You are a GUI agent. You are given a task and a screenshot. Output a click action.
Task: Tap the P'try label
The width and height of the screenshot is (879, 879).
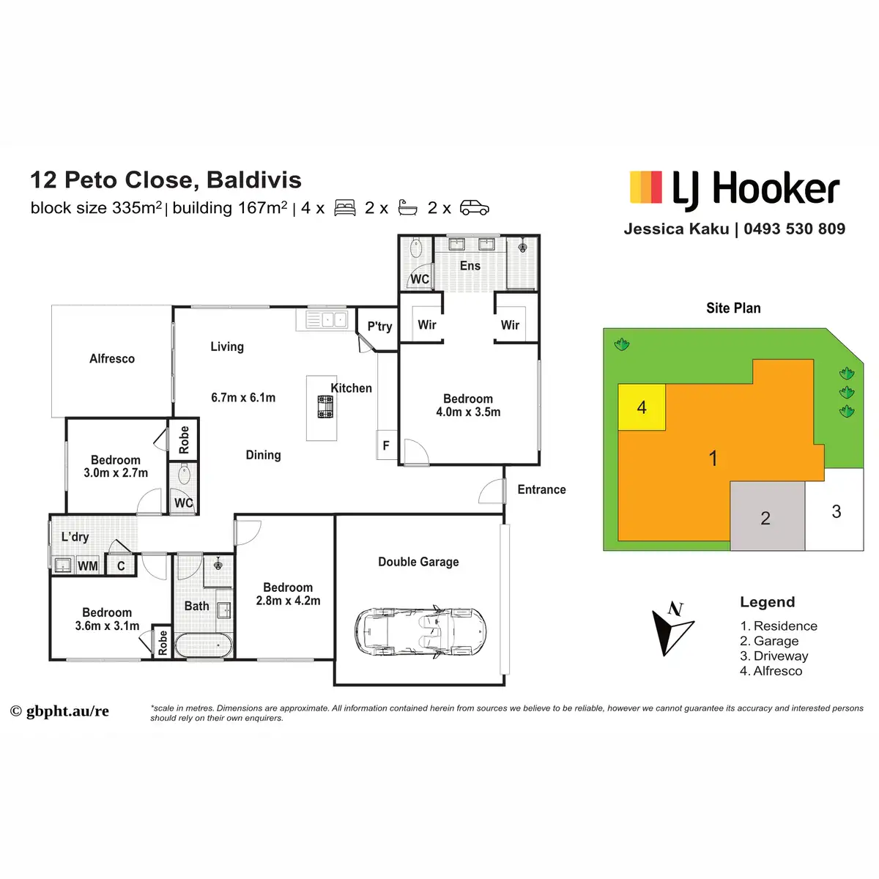coord(379,327)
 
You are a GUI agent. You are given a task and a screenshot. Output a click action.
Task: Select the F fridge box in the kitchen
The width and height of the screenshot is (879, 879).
coord(386,446)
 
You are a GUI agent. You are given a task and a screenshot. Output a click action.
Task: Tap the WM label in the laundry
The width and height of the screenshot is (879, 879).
coord(87,565)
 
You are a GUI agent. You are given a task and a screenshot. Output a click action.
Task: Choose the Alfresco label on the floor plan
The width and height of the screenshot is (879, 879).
coord(112,359)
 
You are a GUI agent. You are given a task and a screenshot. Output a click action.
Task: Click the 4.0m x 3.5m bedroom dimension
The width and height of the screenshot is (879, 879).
coord(468,412)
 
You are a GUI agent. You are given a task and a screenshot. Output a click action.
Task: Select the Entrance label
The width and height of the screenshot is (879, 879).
coord(541,489)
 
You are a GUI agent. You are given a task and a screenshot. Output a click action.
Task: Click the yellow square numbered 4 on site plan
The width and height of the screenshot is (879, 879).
coord(642,407)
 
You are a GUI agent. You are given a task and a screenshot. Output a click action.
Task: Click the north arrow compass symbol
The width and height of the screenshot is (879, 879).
coord(672,628)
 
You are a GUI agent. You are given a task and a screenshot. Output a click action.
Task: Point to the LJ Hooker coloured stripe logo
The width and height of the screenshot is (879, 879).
coord(646,188)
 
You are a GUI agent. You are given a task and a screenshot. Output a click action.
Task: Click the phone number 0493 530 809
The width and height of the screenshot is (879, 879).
coord(794,229)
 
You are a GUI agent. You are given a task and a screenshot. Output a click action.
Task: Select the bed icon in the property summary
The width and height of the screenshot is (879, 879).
coord(345,208)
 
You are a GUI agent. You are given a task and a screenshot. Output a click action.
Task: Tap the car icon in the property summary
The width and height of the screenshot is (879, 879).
coord(474,208)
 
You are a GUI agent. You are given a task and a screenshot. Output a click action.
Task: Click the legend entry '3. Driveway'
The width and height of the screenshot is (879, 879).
coord(774,656)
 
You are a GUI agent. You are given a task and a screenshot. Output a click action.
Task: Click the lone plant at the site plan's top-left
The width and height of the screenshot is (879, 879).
coord(622,344)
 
